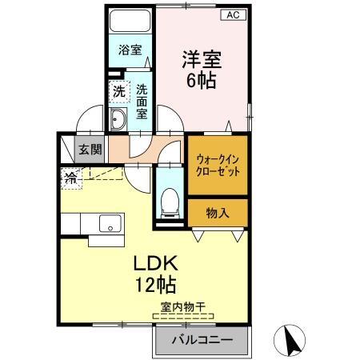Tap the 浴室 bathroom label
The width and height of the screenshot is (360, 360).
point(130,50)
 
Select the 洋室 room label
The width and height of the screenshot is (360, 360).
point(201,59)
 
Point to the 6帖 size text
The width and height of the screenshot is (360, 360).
point(201,80)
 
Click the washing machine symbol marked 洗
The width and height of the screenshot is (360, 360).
point(118,90)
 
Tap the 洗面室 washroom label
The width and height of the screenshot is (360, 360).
point(141,102)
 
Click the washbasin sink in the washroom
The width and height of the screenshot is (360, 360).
point(118,121)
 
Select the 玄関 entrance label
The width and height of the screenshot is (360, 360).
point(90,148)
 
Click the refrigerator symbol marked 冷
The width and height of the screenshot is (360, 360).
point(70,178)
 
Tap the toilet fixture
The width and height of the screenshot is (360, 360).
point(168,202)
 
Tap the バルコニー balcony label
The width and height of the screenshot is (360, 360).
point(205,340)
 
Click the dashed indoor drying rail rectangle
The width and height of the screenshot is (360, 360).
point(184,317)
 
